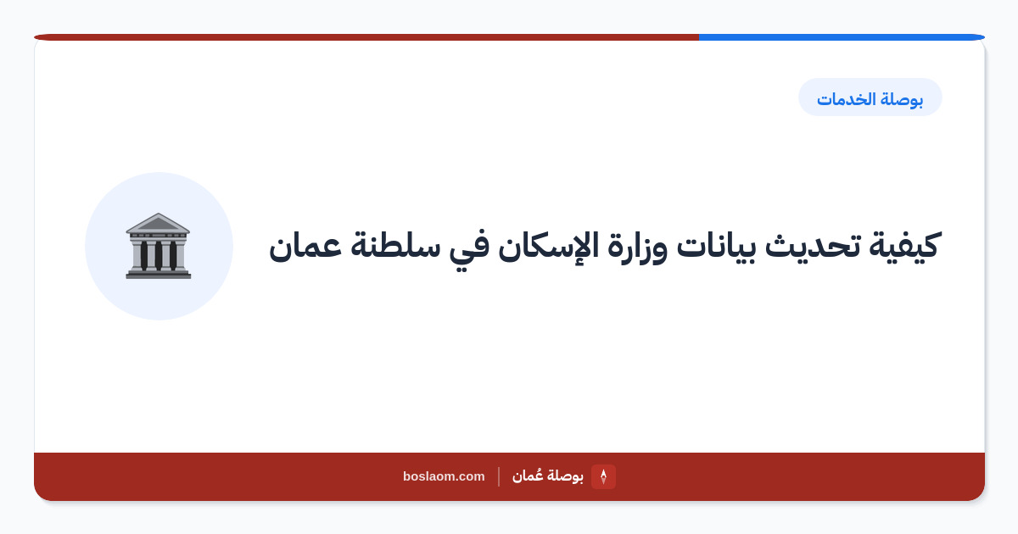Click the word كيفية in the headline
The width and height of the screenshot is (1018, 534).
tap(904, 246)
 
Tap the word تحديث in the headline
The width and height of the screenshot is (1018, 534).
tap(813, 246)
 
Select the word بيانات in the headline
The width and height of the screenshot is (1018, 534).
tap(716, 247)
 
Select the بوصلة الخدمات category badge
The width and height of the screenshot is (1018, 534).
tap(870, 97)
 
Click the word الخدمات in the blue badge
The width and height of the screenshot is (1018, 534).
tap(847, 98)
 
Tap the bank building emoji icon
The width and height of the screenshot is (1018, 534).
tap(158, 246)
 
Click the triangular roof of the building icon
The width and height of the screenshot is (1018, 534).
tap(158, 223)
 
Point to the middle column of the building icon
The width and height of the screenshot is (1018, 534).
tap(158, 255)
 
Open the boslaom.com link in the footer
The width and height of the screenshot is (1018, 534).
tap(444, 476)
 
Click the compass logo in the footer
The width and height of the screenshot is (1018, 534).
tap(603, 476)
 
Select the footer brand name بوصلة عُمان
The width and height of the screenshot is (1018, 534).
tap(548, 476)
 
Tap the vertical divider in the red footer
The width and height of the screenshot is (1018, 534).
tap(499, 476)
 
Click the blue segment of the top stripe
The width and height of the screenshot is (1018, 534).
tap(842, 37)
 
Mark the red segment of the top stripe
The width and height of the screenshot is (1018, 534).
tap(366, 37)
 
